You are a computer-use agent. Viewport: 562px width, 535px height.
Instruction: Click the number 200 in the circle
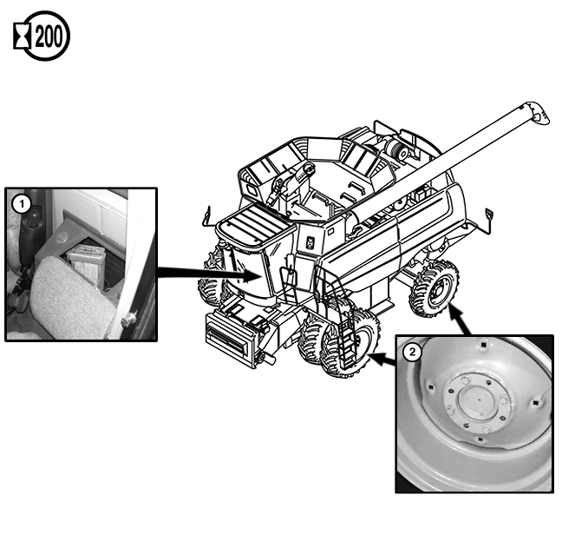click(49, 36)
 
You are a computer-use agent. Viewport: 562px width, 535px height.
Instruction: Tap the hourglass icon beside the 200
click(22, 36)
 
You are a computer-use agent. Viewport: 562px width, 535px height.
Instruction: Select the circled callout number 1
click(22, 204)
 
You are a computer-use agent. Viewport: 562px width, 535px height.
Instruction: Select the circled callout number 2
click(412, 352)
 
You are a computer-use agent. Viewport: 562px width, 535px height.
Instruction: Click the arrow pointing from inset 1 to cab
click(211, 274)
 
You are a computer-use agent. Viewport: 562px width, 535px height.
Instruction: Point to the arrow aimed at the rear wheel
click(460, 319)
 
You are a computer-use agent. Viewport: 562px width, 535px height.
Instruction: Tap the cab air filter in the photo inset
click(87, 264)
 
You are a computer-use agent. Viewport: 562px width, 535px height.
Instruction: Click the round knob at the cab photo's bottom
click(129, 320)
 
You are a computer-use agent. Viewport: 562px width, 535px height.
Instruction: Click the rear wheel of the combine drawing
click(435, 288)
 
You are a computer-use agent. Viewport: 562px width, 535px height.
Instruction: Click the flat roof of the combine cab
click(255, 225)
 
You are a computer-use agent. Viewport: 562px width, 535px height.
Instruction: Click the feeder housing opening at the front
click(226, 337)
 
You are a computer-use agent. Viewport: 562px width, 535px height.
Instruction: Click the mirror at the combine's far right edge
click(489, 215)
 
